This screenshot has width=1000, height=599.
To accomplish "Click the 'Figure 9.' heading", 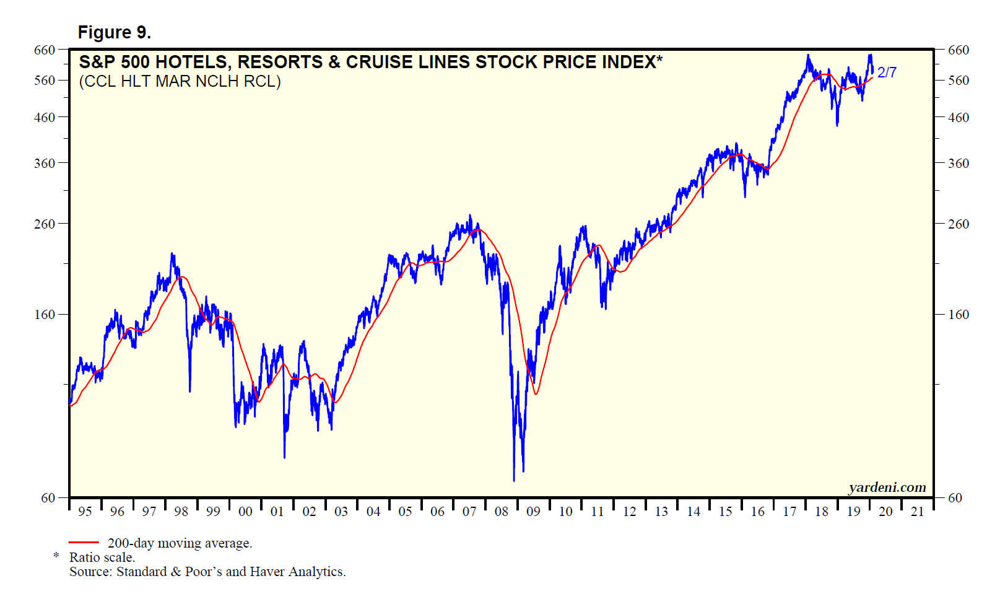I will pos(115,32).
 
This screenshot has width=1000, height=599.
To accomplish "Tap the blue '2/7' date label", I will pos(887,72).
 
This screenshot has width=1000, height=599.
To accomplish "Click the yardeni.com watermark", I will pos(887,488).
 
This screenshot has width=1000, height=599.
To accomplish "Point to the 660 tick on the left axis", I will pos(45,50).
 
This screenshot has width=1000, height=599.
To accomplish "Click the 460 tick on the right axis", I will pos(958,117).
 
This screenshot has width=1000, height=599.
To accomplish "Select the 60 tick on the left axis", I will pos(48,497).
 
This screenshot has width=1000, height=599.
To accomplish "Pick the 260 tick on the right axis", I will pos(958,224).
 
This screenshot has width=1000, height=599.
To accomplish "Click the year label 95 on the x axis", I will pos(85,512).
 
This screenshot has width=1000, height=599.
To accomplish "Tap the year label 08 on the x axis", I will pos(502,512).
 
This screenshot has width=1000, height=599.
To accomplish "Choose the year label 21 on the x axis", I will pos(918,512).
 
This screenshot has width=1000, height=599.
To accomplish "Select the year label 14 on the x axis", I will pos(693,512).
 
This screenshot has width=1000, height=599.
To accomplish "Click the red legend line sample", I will pos(84,543).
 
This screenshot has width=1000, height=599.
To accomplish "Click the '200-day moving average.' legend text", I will pos(180,543).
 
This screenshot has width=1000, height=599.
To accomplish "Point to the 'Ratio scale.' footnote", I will pos(102,557).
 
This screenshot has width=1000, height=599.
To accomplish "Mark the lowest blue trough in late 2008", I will pos(514,480).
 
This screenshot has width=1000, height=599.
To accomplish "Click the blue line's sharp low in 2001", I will pos(284,457).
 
